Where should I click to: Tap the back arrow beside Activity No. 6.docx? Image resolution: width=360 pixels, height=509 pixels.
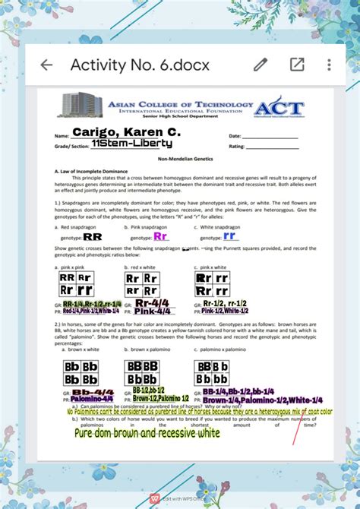[x=46, y=65]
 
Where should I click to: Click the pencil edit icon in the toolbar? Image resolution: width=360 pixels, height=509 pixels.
[x=261, y=65]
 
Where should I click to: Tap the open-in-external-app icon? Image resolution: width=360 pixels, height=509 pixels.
[x=296, y=65]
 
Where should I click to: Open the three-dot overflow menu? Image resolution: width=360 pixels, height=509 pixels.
[x=329, y=65]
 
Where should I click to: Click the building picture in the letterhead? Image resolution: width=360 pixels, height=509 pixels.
[x=81, y=106]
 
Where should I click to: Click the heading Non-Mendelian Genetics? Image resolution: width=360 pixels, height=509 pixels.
[x=185, y=159]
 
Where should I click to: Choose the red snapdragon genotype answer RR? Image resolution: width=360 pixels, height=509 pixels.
[x=93, y=237]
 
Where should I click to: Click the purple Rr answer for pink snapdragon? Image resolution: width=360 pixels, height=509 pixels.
[x=160, y=236]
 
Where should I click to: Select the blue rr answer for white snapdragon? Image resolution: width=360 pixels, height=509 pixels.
[x=229, y=236]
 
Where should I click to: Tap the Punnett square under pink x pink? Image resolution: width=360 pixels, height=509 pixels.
[x=77, y=284]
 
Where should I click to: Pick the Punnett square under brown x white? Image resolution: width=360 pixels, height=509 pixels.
[x=81, y=373]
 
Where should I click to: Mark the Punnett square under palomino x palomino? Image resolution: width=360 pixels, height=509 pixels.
[x=213, y=373]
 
